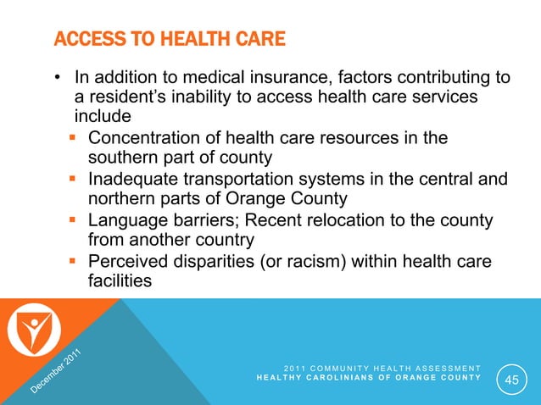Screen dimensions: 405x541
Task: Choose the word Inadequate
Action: (135, 179)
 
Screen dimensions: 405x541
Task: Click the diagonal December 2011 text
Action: (56, 372)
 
